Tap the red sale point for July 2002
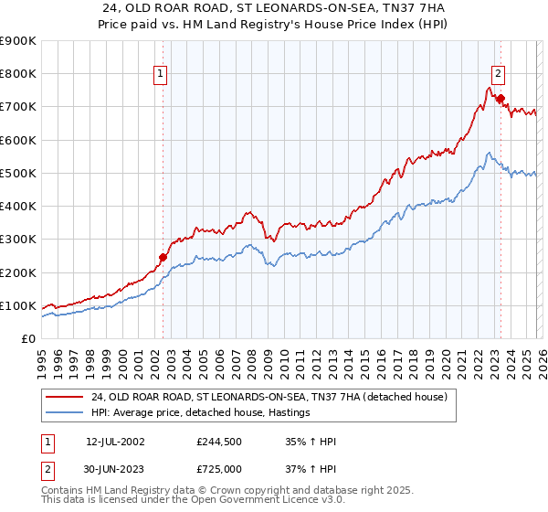pos(163,258)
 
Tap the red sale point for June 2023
pos(501,99)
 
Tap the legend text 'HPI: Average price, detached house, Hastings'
pos(200,412)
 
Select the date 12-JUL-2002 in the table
pos(118,442)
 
